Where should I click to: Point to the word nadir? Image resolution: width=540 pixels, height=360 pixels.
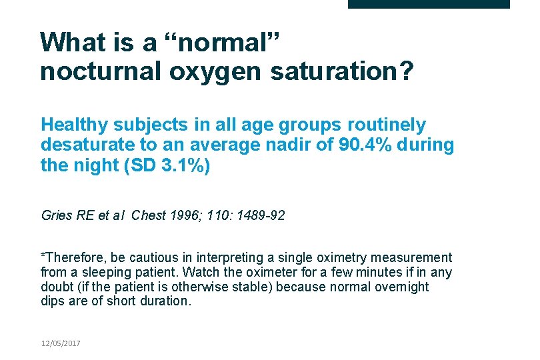point(273,145)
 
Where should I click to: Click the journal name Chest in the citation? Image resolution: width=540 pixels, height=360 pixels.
point(147,215)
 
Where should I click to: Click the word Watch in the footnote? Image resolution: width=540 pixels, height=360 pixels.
point(199,272)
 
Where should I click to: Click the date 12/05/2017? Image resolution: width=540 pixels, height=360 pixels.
point(60,343)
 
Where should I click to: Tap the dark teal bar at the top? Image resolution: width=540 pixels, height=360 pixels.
point(429,4)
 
